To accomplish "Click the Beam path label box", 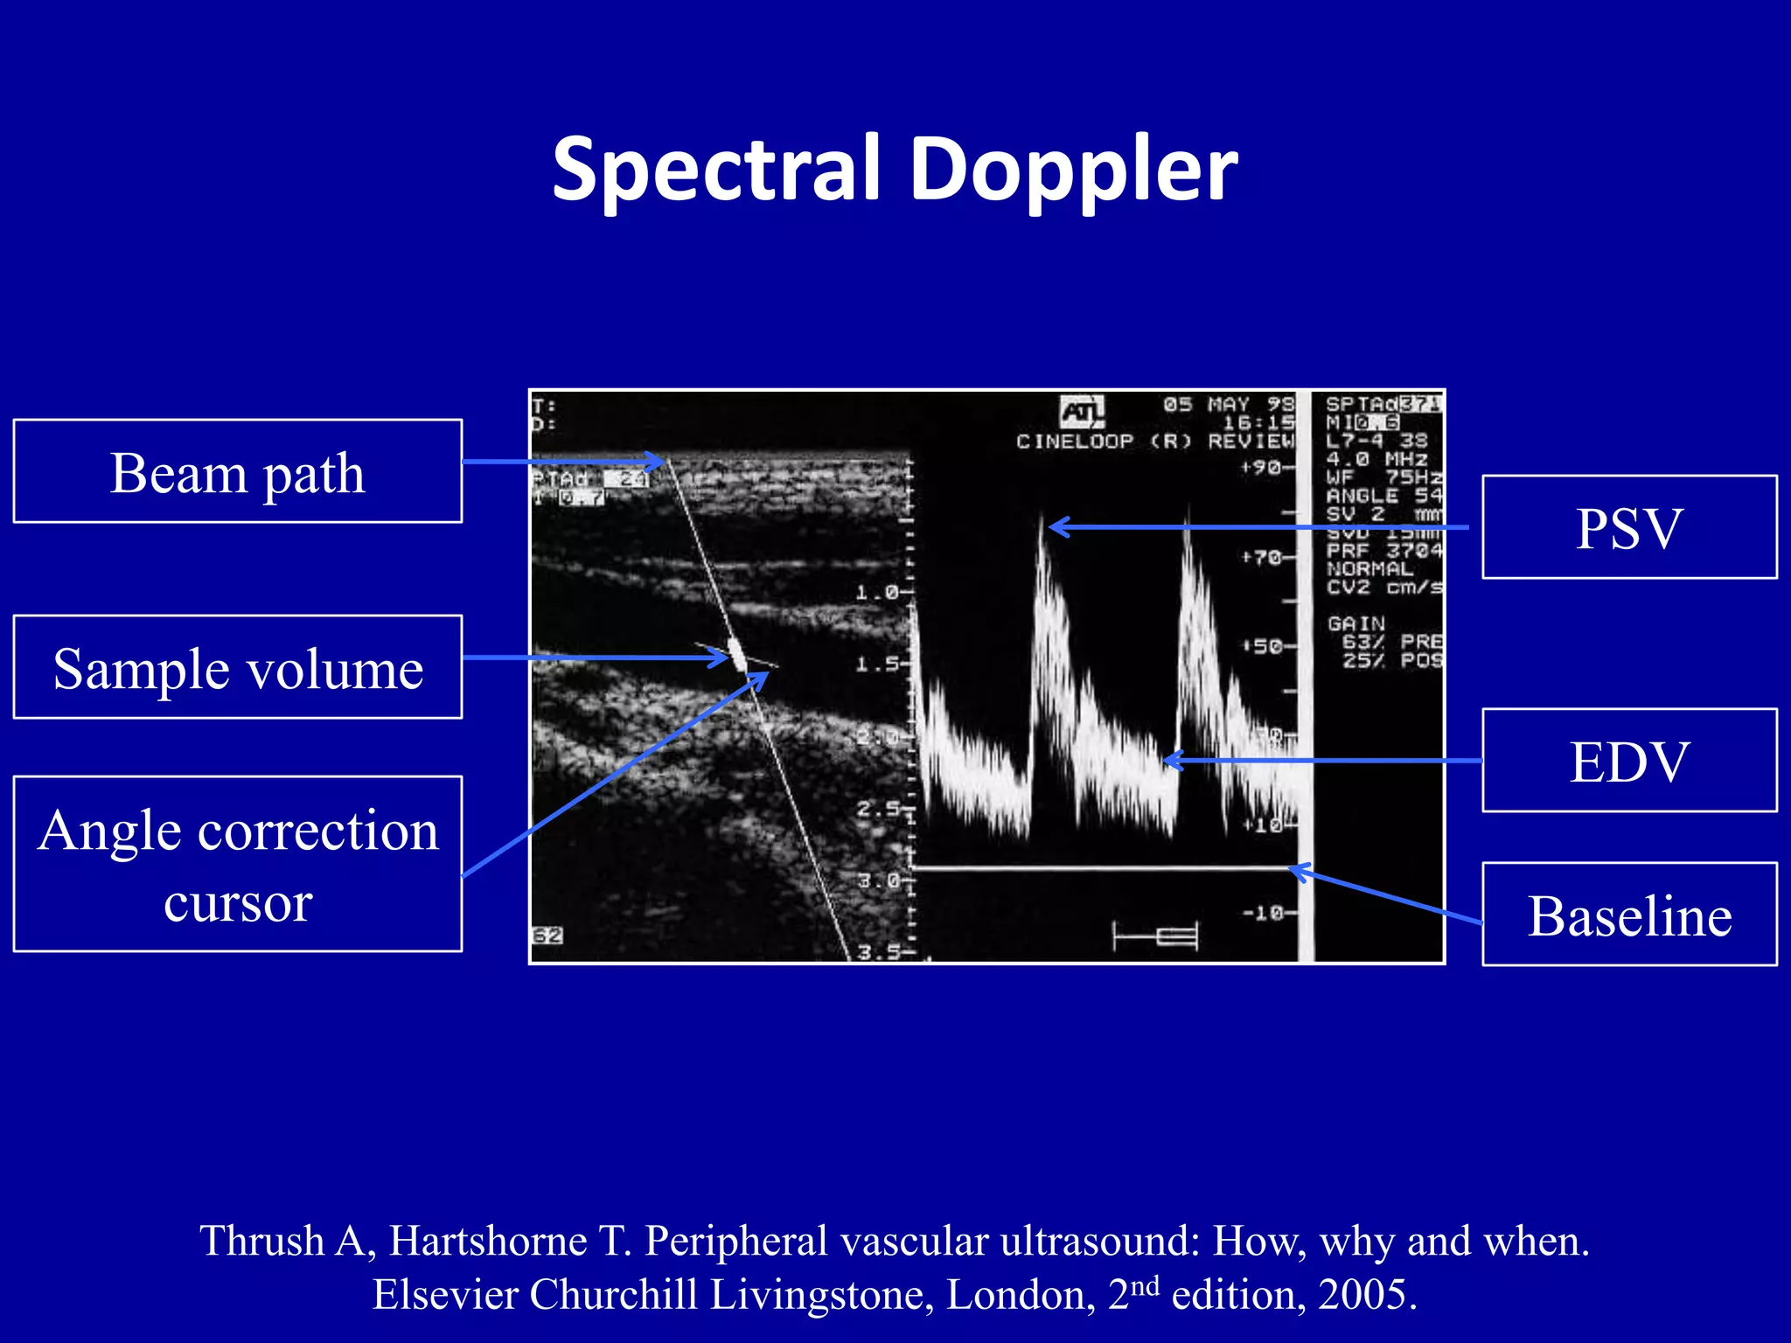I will tap(237, 471).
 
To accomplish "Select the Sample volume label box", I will tap(237, 667).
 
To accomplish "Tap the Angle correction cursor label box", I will tap(237, 864).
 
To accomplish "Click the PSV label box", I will tap(1628, 527).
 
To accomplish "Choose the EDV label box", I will tap(1628, 761).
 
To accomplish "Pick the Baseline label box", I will tap(1628, 915).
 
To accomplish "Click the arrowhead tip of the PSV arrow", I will tap(1051, 526).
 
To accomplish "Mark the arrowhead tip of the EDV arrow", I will tap(1167, 761).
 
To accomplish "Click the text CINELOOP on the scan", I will tap(1074, 442).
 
